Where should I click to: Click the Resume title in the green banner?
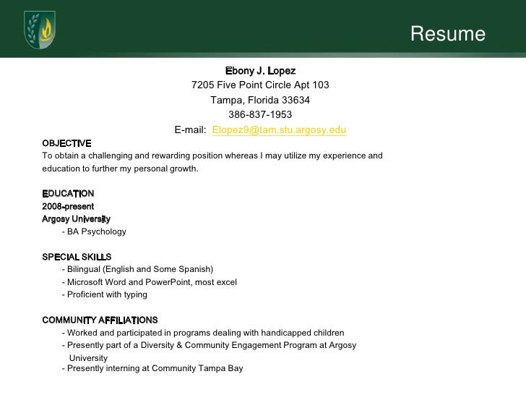[x=448, y=34]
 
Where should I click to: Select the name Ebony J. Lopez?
[x=260, y=71]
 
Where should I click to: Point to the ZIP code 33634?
[x=296, y=100]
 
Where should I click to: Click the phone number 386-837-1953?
[x=261, y=114]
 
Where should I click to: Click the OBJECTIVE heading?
[x=66, y=143]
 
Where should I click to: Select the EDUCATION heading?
[x=68, y=194]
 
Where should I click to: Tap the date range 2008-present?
[x=68, y=206]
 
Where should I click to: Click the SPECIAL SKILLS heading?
[x=77, y=257]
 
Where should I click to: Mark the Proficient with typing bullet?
[x=105, y=294]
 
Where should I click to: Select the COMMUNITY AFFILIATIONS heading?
[x=100, y=320]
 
